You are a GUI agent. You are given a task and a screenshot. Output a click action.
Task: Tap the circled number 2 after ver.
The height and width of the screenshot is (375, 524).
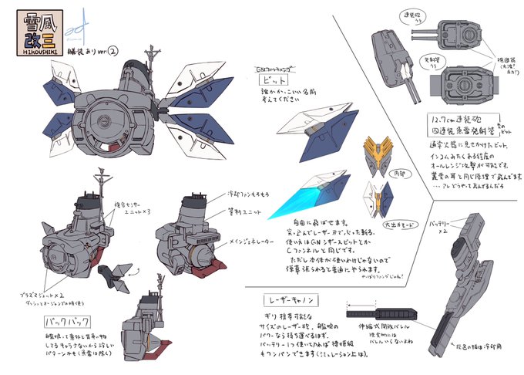coord(113,52)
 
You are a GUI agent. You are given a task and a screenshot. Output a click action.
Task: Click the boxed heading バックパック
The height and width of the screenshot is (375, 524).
coord(67,318)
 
